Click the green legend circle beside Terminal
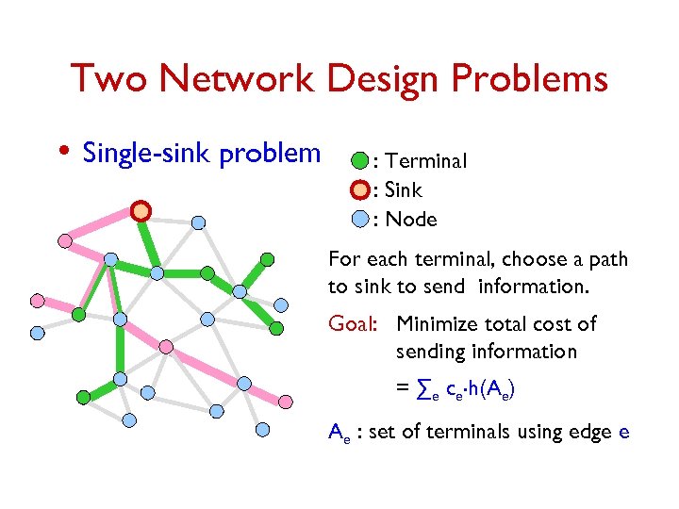click(x=359, y=161)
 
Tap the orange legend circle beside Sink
click(x=359, y=191)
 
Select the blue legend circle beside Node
click(x=359, y=220)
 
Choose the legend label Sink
click(x=404, y=191)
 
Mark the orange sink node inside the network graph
click(x=141, y=211)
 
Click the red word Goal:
click(x=353, y=324)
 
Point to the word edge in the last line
click(x=587, y=433)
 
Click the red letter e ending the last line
click(x=623, y=433)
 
